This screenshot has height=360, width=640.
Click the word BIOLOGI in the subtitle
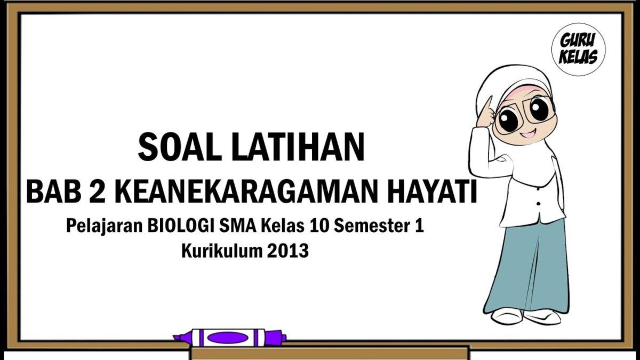pyautogui.click(x=182, y=226)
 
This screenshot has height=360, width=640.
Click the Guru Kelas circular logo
pyautogui.click(x=579, y=50)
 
